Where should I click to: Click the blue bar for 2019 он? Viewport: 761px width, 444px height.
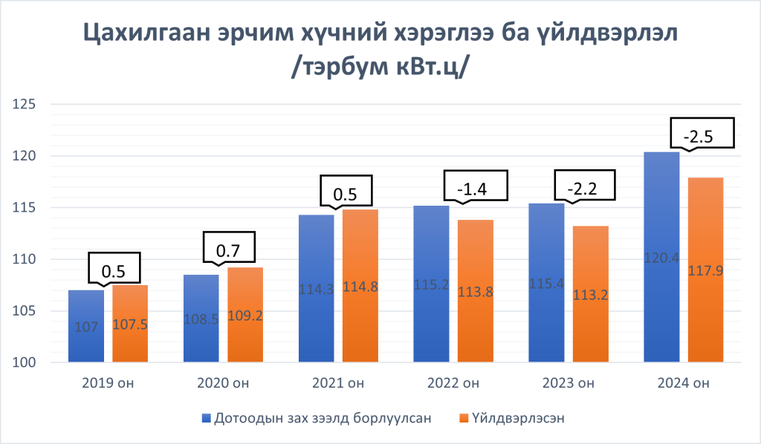[x=85, y=327]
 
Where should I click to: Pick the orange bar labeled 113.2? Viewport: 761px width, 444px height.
[x=590, y=294]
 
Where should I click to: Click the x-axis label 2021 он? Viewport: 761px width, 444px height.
[x=338, y=384]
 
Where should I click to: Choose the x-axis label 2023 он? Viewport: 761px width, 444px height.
[x=569, y=384]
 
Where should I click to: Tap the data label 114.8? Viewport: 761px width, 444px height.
[x=360, y=289]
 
